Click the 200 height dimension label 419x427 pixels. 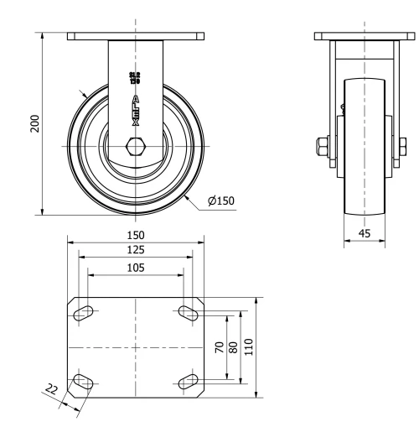[34, 123]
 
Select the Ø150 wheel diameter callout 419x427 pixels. [219, 200]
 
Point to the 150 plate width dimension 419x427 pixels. [136, 236]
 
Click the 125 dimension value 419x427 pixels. [136, 250]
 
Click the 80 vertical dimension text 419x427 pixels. [235, 346]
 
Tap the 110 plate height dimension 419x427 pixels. [249, 346]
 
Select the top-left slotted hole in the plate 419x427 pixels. [84, 313]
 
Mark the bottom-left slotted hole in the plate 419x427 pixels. [84, 383]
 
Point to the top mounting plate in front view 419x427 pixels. [135, 36]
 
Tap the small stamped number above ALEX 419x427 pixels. [134, 79]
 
